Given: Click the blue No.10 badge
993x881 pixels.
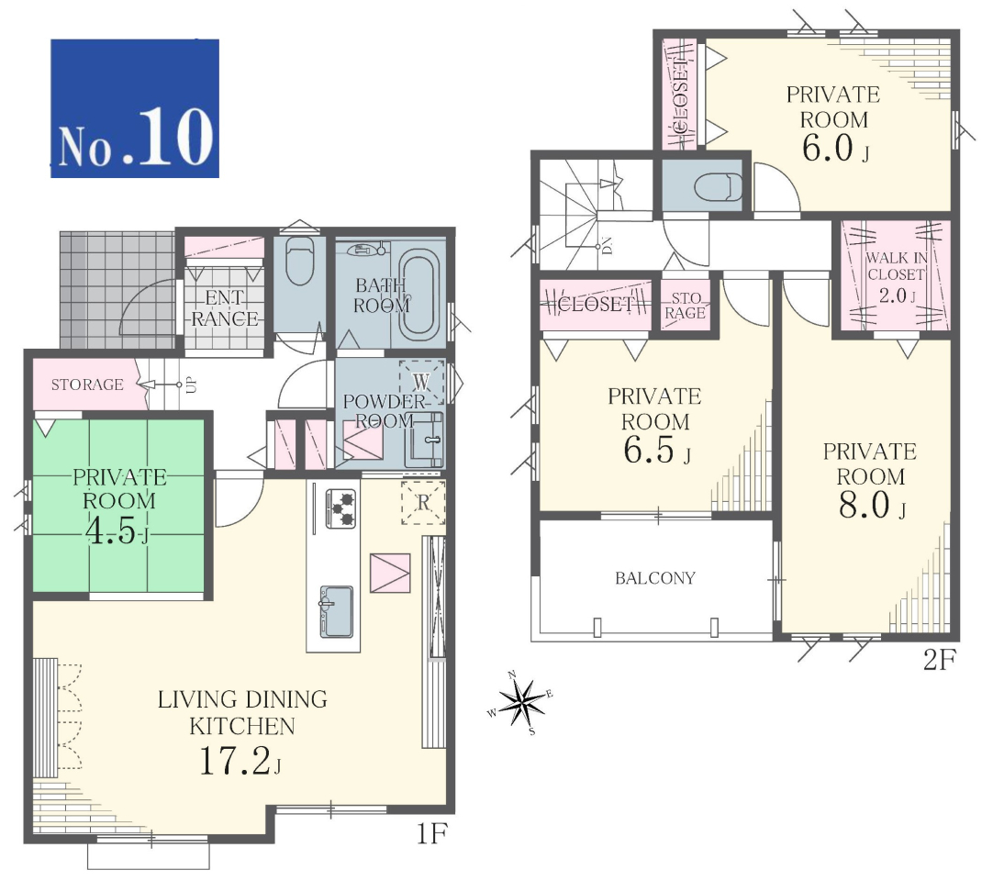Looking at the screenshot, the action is click(135, 108).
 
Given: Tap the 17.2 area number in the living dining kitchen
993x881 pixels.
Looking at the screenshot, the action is click(235, 761).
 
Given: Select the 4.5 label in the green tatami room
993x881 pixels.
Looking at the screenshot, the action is click(110, 532).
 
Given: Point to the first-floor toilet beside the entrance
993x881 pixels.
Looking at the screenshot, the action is click(299, 261).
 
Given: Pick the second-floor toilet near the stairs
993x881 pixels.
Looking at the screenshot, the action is click(718, 187).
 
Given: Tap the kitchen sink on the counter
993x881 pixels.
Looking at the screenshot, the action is click(336, 611).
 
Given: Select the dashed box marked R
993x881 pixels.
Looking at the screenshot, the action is click(423, 503).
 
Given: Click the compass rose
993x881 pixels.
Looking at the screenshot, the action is click(522, 702).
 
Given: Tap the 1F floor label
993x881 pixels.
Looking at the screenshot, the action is click(432, 833).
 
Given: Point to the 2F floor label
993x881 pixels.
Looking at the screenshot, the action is click(939, 660).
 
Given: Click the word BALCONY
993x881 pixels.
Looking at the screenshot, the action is click(655, 577).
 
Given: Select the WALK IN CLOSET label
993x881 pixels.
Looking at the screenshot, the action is click(896, 266).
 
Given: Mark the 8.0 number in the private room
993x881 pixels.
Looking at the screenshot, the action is click(865, 506).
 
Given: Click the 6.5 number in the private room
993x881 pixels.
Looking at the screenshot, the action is click(649, 450).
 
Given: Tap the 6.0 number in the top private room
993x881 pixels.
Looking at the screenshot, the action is click(828, 148).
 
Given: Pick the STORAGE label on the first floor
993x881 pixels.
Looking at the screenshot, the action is click(87, 385).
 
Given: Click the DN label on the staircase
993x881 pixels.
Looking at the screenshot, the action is click(607, 245).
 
